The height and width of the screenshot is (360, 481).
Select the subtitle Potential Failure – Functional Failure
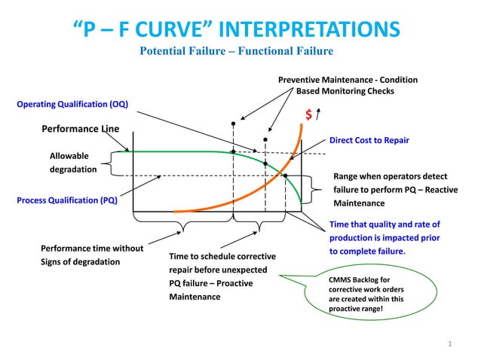tap(237, 51)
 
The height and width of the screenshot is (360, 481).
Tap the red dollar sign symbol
tap(309, 115)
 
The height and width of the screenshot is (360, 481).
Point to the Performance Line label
tap(80, 129)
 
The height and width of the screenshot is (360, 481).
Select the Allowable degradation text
tap(74, 163)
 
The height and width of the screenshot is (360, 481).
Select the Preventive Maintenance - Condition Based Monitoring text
tap(348, 85)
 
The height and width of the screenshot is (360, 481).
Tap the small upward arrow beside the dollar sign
tap(320, 114)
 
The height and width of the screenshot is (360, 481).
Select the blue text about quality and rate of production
tap(384, 238)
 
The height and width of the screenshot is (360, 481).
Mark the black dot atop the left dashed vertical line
tap(233, 122)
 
